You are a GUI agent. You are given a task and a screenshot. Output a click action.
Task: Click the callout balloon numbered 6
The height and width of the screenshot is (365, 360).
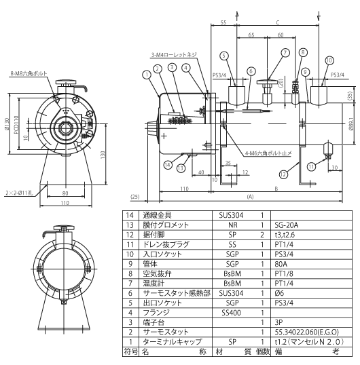251,71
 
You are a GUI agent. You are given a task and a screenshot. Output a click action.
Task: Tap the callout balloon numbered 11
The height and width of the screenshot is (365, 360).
311,165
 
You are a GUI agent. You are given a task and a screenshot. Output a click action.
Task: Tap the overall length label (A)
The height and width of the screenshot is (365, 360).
251,196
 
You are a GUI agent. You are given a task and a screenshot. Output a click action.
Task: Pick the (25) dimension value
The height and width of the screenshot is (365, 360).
134,197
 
